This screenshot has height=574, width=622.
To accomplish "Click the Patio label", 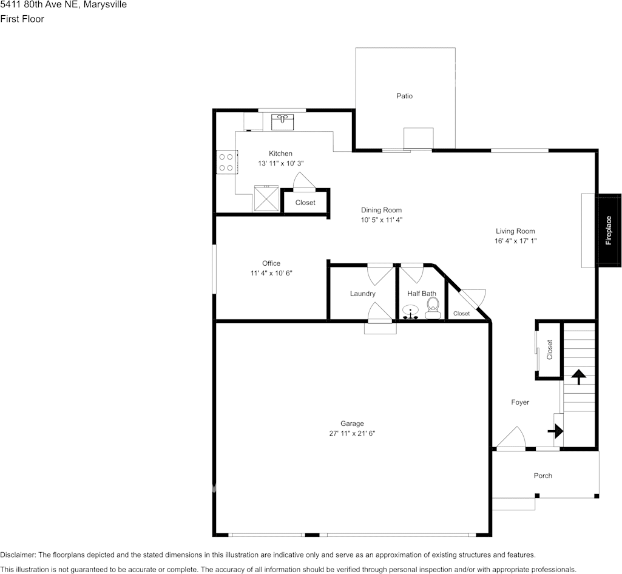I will coord(404,96).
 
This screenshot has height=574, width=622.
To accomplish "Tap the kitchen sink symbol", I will coord(282,121).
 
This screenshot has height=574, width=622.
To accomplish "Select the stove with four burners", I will coord(226,162).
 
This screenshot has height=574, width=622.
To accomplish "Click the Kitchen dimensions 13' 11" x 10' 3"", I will coord(280,163).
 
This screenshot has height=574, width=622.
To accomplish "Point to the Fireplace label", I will coord(609,231).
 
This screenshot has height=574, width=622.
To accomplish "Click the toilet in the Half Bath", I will coord(431,308).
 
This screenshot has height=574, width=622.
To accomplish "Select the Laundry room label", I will coord(362,294).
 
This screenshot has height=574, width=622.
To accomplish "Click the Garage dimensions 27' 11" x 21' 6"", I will coord(351,433).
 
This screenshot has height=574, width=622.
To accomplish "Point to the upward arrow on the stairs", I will coord(578,377).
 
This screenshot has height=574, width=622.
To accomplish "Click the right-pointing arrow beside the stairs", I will coord(555,431).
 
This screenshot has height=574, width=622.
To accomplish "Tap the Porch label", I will coord(543,476).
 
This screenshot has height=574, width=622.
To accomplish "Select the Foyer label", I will coord(520,402).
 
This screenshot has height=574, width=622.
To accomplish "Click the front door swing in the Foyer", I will coord(511,438).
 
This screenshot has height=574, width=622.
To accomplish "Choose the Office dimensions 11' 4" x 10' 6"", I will coord(271,273).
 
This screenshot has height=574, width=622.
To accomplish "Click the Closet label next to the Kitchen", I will coord(305,203).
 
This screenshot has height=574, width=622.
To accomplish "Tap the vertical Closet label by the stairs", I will coord(550,350).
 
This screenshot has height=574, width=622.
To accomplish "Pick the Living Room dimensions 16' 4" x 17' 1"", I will coord(515,241).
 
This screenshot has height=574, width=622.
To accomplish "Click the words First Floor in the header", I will coord(22,19).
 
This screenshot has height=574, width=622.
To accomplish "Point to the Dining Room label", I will coord(381,210).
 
